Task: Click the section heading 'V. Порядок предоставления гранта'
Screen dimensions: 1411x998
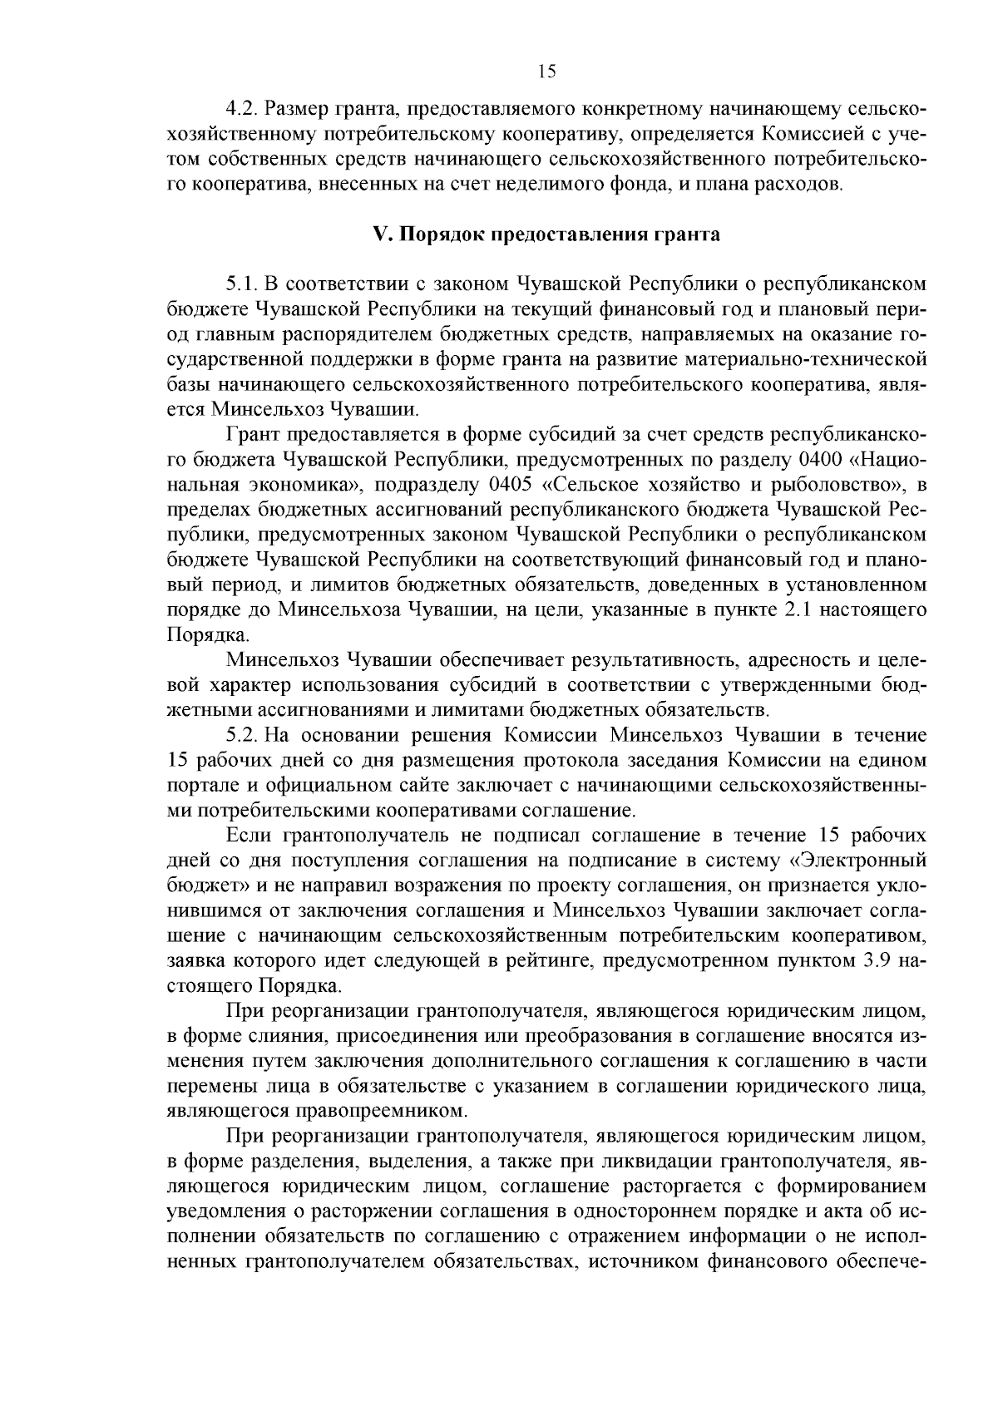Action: (x=546, y=234)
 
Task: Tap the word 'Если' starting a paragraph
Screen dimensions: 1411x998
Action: (x=245, y=836)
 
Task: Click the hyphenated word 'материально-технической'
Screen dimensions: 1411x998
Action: (x=808, y=359)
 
